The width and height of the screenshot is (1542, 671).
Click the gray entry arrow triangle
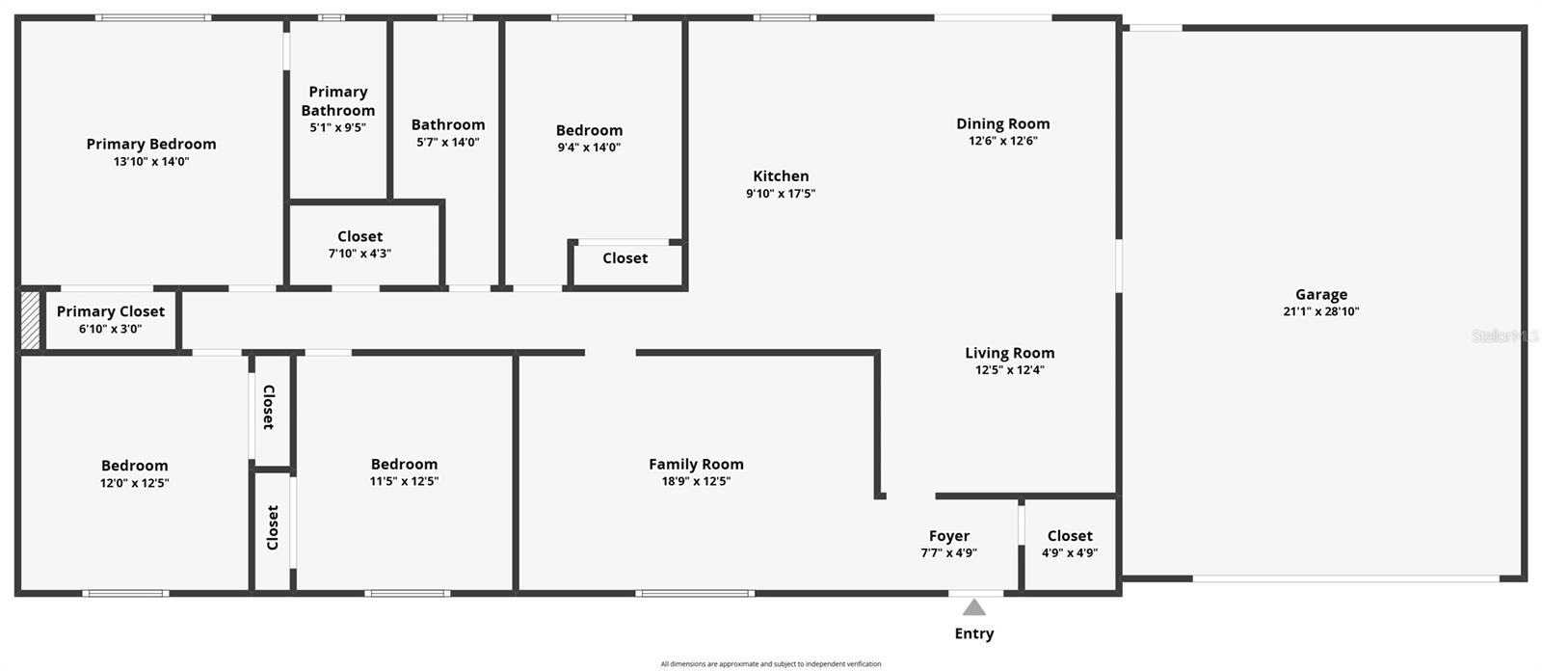pyautogui.click(x=974, y=607)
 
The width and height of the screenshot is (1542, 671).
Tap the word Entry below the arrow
pyautogui.click(x=974, y=633)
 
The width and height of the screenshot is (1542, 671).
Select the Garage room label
pyautogui.click(x=1321, y=295)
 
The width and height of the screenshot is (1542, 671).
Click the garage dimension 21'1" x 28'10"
pyautogui.click(x=1321, y=311)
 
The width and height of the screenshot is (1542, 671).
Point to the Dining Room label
pyautogui.click(x=1003, y=123)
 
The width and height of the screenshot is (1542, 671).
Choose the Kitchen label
pyautogui.click(x=781, y=176)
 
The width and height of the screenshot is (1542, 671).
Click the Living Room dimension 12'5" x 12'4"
pyautogui.click(x=1010, y=370)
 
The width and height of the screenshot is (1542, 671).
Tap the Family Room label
pyautogui.click(x=696, y=465)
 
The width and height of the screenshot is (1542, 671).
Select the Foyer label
pyautogui.click(x=949, y=536)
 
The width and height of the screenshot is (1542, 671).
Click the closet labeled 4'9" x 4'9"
pyautogui.click(x=1070, y=553)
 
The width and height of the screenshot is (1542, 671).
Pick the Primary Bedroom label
pyautogui.click(x=151, y=145)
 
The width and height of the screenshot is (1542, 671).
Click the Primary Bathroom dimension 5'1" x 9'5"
pyautogui.click(x=337, y=127)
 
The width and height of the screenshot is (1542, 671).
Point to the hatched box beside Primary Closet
pyautogui.click(x=30, y=320)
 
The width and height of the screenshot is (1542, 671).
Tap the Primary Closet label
pyautogui.click(x=111, y=311)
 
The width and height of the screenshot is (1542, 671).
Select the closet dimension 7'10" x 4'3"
pyautogui.click(x=360, y=254)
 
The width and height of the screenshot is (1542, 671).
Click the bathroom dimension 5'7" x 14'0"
pyautogui.click(x=448, y=143)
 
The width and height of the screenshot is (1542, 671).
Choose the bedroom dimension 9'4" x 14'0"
pyautogui.click(x=589, y=148)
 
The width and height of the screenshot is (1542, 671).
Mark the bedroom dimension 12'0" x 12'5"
pyautogui.click(x=135, y=483)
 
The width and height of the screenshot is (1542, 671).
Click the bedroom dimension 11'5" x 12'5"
pyautogui.click(x=404, y=481)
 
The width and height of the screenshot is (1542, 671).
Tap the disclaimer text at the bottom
pyautogui.click(x=771, y=664)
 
